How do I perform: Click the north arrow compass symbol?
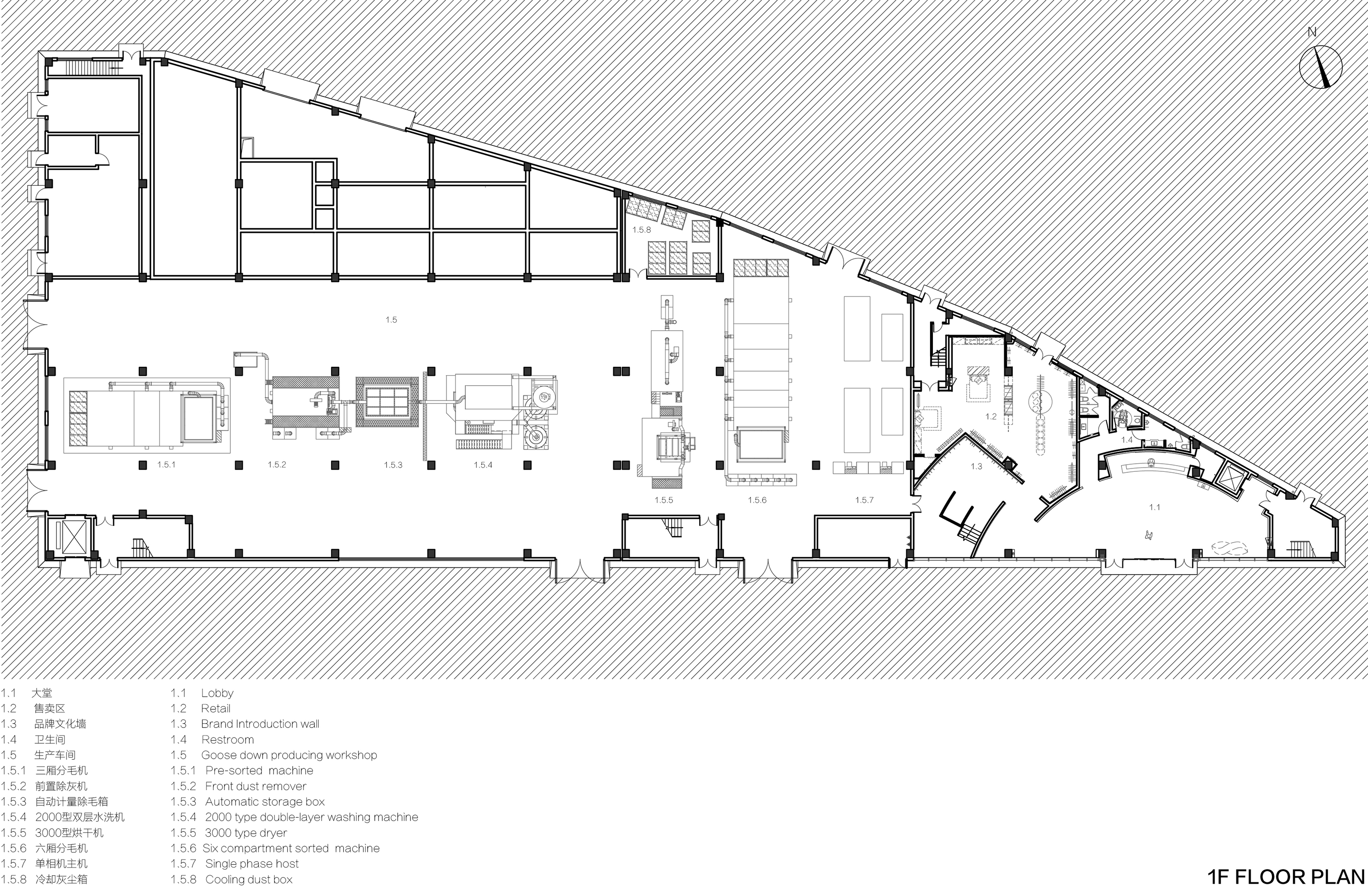(1321, 67)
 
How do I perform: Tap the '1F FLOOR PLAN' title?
(1286, 877)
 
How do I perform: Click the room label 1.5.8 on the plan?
(641, 230)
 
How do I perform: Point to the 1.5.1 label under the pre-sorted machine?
(166, 465)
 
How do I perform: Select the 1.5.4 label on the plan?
(483, 465)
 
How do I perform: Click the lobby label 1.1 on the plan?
(1155, 507)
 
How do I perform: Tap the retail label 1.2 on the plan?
(991, 416)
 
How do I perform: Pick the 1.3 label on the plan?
(977, 466)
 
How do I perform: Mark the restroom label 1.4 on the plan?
(1127, 440)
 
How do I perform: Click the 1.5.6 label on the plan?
(757, 500)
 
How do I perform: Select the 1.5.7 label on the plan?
(864, 500)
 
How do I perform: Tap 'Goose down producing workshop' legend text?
(289, 755)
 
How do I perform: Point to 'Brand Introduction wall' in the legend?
(260, 724)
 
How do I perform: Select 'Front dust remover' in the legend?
(256, 786)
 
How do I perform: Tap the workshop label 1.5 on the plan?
(391, 320)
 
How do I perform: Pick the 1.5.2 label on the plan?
(276, 465)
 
